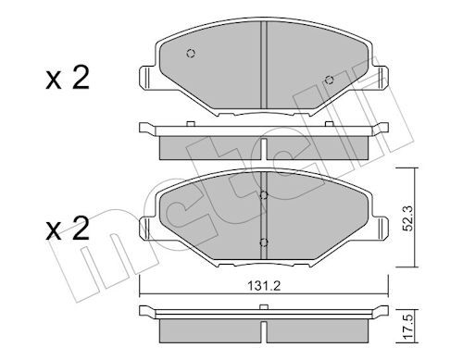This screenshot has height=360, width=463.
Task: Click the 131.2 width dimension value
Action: (x=264, y=286)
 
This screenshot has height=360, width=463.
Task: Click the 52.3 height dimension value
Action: (x=408, y=217)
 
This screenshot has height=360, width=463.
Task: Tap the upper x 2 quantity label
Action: (x=68, y=78)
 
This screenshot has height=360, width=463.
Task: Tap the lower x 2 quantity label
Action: (x=68, y=229)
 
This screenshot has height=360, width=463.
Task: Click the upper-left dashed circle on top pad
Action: (x=191, y=54)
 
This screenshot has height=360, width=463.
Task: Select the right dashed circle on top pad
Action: (x=330, y=80)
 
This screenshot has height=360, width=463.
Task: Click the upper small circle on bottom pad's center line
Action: (x=263, y=195)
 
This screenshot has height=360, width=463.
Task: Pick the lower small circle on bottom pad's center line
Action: (x=263, y=242)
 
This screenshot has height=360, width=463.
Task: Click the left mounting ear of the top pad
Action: (x=147, y=78)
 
